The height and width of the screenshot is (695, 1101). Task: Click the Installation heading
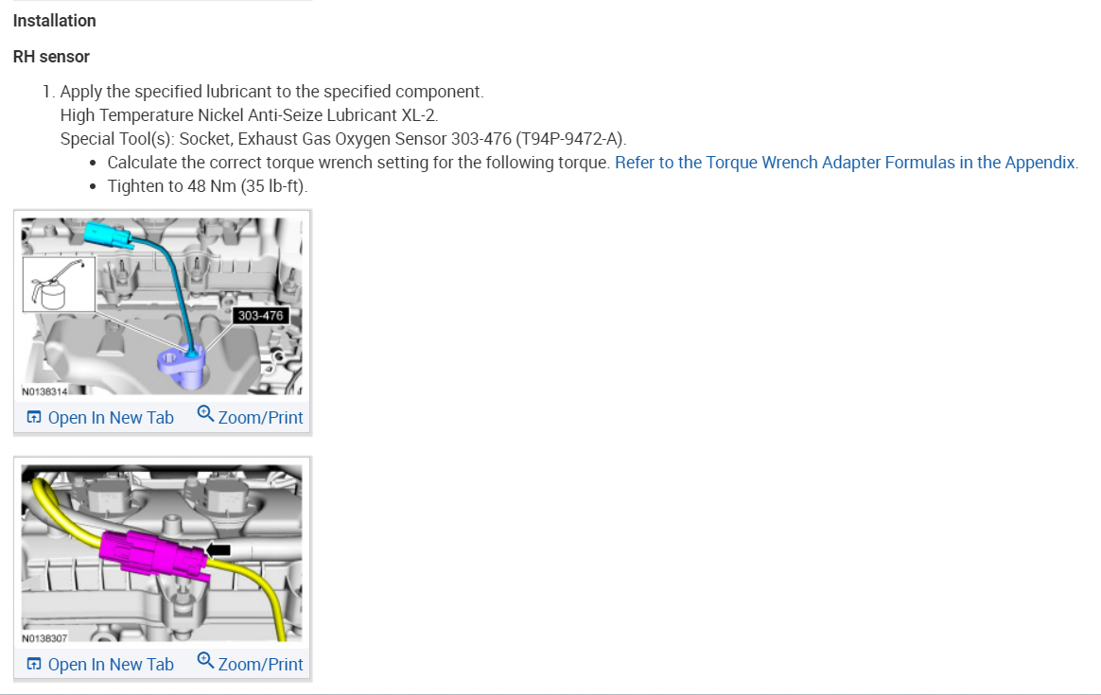tap(54, 21)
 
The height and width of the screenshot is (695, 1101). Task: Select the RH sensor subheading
tap(51, 57)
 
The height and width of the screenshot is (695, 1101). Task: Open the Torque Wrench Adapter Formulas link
tap(847, 163)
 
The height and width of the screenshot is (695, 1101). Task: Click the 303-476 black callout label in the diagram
tap(260, 316)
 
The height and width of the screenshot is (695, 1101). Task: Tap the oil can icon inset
tap(59, 285)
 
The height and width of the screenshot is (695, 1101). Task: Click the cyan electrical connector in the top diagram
tap(109, 235)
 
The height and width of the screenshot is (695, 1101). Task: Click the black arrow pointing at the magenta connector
tap(218, 549)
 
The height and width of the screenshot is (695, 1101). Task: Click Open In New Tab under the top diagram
tap(100, 418)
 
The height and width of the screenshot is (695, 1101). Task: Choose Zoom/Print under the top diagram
tap(251, 417)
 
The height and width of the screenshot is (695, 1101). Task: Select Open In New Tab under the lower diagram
tap(100, 664)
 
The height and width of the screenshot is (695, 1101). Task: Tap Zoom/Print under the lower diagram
tap(251, 664)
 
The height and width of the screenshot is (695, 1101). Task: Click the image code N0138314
tap(45, 391)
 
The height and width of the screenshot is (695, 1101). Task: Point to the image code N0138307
tap(45, 638)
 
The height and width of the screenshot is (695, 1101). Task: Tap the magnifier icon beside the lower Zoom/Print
tap(205, 661)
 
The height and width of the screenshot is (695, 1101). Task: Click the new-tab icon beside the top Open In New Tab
tap(34, 418)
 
